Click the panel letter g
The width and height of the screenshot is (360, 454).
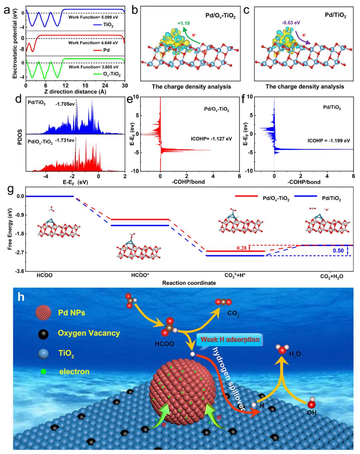(10, 191)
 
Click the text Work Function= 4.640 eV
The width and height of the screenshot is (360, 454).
(93, 43)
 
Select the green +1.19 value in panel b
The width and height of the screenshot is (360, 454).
(184, 23)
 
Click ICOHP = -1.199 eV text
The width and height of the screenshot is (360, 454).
(329, 141)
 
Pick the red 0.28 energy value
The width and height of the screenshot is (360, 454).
(241, 248)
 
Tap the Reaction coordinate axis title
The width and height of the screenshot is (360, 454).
(189, 283)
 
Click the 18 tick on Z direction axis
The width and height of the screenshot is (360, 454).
(85, 85)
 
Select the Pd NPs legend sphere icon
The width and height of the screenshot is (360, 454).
(43, 313)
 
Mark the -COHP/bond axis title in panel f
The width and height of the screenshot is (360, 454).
(307, 182)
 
